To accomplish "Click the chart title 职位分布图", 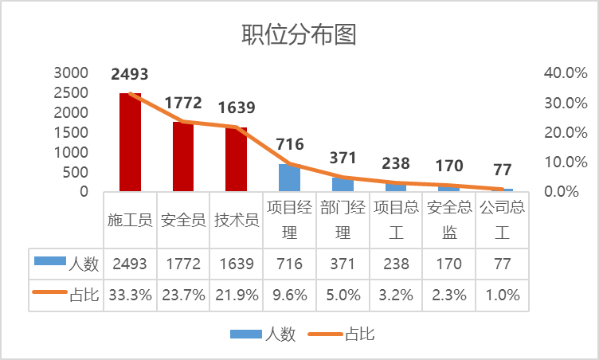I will [x=299, y=35].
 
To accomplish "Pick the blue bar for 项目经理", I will [x=289, y=178].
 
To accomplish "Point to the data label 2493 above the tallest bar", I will [x=130, y=75].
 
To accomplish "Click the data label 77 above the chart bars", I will [x=502, y=169].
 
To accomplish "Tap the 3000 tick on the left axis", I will [x=71, y=72].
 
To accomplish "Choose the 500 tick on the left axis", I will [x=76, y=172].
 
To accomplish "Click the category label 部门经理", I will [x=343, y=220].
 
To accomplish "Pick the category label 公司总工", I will [x=502, y=220].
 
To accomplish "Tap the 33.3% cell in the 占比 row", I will [x=130, y=295].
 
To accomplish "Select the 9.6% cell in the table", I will [x=289, y=295].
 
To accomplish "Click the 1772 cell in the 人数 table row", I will [x=183, y=264].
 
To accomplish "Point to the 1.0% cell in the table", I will [x=502, y=295].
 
